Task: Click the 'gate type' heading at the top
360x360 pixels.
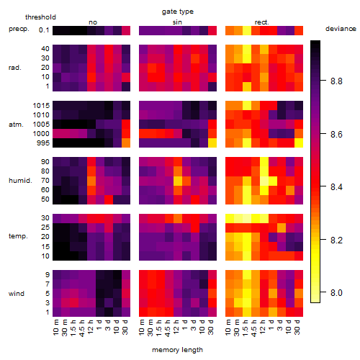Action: [178, 12]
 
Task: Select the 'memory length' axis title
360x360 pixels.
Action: [177, 350]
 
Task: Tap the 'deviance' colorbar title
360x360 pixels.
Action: [341, 29]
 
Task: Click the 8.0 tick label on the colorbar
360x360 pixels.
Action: [336, 293]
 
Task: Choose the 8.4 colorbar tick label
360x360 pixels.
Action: [336, 186]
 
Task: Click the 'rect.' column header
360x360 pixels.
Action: [261, 22]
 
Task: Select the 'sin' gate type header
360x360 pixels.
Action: [177, 22]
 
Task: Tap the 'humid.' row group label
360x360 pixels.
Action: [20, 181]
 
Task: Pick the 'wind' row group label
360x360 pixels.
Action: [17, 294]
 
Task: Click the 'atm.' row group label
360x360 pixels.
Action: [16, 125]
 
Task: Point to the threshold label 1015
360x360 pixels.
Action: [41, 106]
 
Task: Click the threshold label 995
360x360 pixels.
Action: [43, 143]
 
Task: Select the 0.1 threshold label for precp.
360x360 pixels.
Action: [44, 30]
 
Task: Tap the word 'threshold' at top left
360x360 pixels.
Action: [40, 17]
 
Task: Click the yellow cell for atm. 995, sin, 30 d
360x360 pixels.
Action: [212, 143]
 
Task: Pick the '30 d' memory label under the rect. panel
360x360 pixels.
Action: [297, 327]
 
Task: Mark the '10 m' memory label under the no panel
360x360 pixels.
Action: [55, 327]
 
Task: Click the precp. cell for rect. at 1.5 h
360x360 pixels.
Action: [247, 30]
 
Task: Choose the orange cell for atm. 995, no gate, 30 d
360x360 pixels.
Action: [126, 143]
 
